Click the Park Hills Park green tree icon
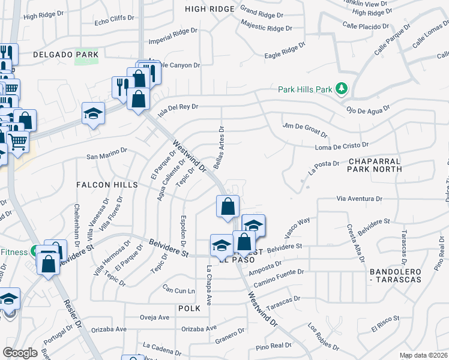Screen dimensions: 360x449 click(x=342, y=89)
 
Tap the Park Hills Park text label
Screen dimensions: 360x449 click(x=305, y=89)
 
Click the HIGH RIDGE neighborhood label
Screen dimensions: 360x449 click(x=208, y=9)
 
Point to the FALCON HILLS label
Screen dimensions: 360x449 click(x=99, y=185)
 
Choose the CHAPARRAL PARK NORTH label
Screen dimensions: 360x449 click(x=375, y=165)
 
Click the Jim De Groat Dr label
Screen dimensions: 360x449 click(x=305, y=129)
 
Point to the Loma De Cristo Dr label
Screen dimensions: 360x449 click(x=342, y=146)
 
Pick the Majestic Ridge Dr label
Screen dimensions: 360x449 click(x=266, y=27)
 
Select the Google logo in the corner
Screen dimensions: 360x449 click(x=20, y=353)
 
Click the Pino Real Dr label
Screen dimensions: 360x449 click(x=273, y=346)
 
